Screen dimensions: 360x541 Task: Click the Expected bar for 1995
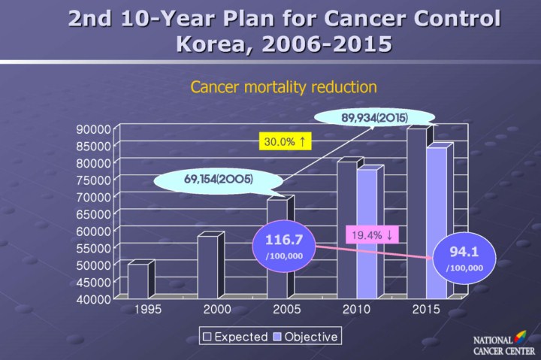138,280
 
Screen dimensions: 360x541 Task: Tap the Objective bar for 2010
367,234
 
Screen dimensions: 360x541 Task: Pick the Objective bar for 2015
437,222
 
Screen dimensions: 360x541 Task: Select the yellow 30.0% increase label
286,141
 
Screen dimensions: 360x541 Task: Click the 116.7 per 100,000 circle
284,246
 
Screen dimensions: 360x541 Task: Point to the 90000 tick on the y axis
95,129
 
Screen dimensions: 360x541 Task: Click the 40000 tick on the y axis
95,298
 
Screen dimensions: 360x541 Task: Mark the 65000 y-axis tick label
95,213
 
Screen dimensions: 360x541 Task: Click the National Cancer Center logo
500,344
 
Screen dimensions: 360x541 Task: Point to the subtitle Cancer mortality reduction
283,86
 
